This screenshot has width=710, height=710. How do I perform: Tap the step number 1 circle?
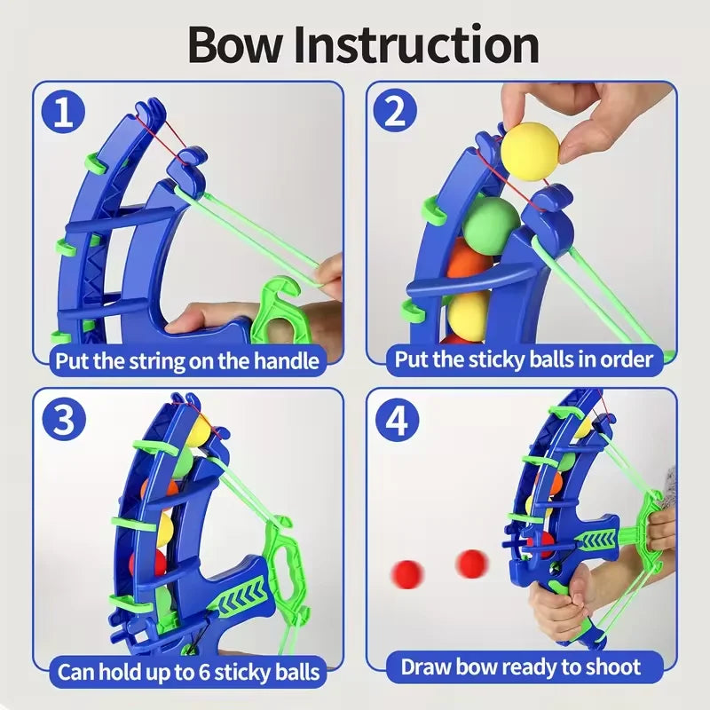pyautogui.click(x=64, y=114)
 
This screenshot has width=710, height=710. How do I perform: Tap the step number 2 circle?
pyautogui.click(x=397, y=114)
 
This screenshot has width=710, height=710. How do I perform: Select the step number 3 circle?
pyautogui.click(x=64, y=420)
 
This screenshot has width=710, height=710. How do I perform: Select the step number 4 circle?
pyautogui.click(x=397, y=420)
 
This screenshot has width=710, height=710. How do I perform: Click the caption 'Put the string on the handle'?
pyautogui.click(x=186, y=360)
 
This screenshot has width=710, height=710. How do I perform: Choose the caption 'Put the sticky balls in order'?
pyautogui.click(x=525, y=359)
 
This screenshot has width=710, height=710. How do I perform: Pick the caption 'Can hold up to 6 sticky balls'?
pyautogui.click(x=188, y=671)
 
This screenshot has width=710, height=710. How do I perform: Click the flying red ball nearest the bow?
pyautogui.click(x=472, y=564)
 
